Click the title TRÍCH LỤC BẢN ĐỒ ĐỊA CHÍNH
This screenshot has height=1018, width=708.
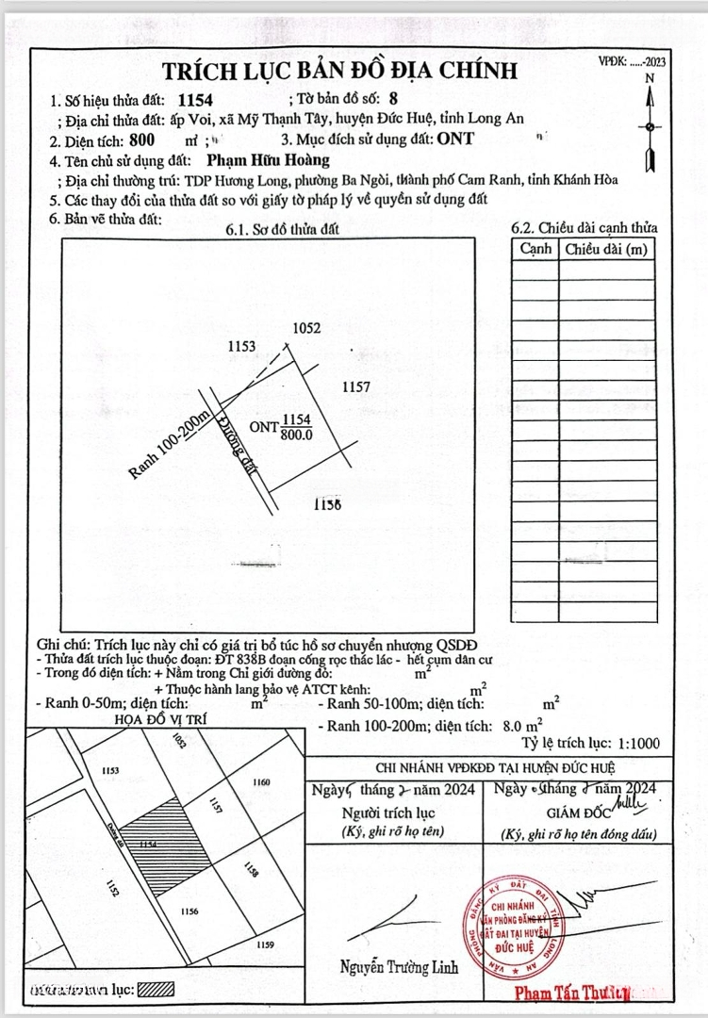[339, 71]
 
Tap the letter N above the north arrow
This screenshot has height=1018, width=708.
[650, 79]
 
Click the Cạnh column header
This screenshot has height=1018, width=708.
[535, 249]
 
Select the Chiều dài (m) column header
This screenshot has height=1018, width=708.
[607, 249]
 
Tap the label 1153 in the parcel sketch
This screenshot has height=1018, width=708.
[242, 347]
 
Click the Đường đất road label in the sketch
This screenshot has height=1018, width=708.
[239, 451]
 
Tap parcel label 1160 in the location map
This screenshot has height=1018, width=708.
[262, 781]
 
